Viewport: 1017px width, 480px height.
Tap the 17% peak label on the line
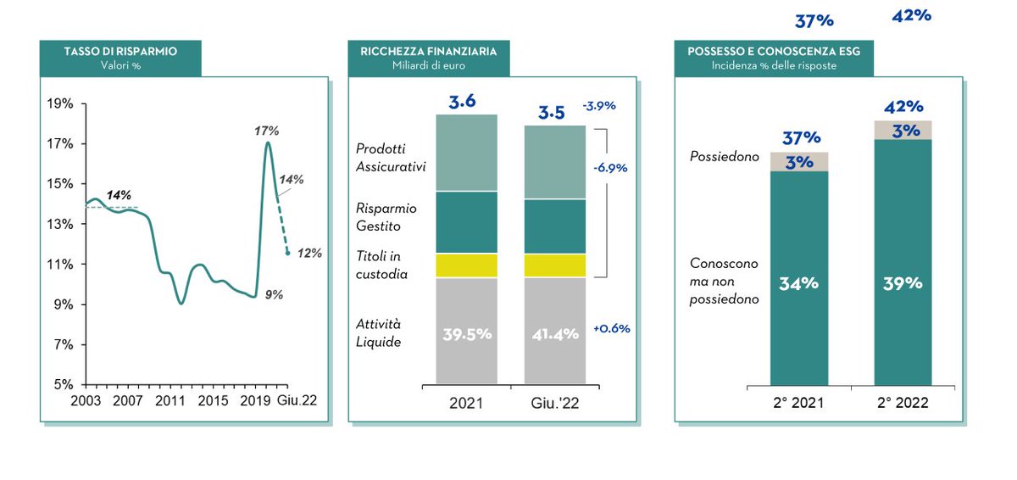(x=266, y=131)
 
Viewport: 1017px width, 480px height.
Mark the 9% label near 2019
(x=273, y=294)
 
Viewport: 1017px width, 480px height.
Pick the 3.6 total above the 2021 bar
(x=462, y=102)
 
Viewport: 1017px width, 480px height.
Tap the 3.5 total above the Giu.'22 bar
(x=553, y=113)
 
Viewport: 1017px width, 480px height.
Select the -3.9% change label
(x=598, y=106)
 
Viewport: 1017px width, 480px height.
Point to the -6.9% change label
(x=610, y=168)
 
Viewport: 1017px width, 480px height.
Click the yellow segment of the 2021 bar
(x=466, y=265)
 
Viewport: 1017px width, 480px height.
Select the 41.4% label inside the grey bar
(x=555, y=333)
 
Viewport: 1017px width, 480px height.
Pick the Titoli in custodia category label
(x=381, y=265)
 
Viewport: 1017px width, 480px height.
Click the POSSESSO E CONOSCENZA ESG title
(x=773, y=51)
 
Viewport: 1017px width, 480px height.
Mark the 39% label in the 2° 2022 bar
(x=903, y=283)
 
